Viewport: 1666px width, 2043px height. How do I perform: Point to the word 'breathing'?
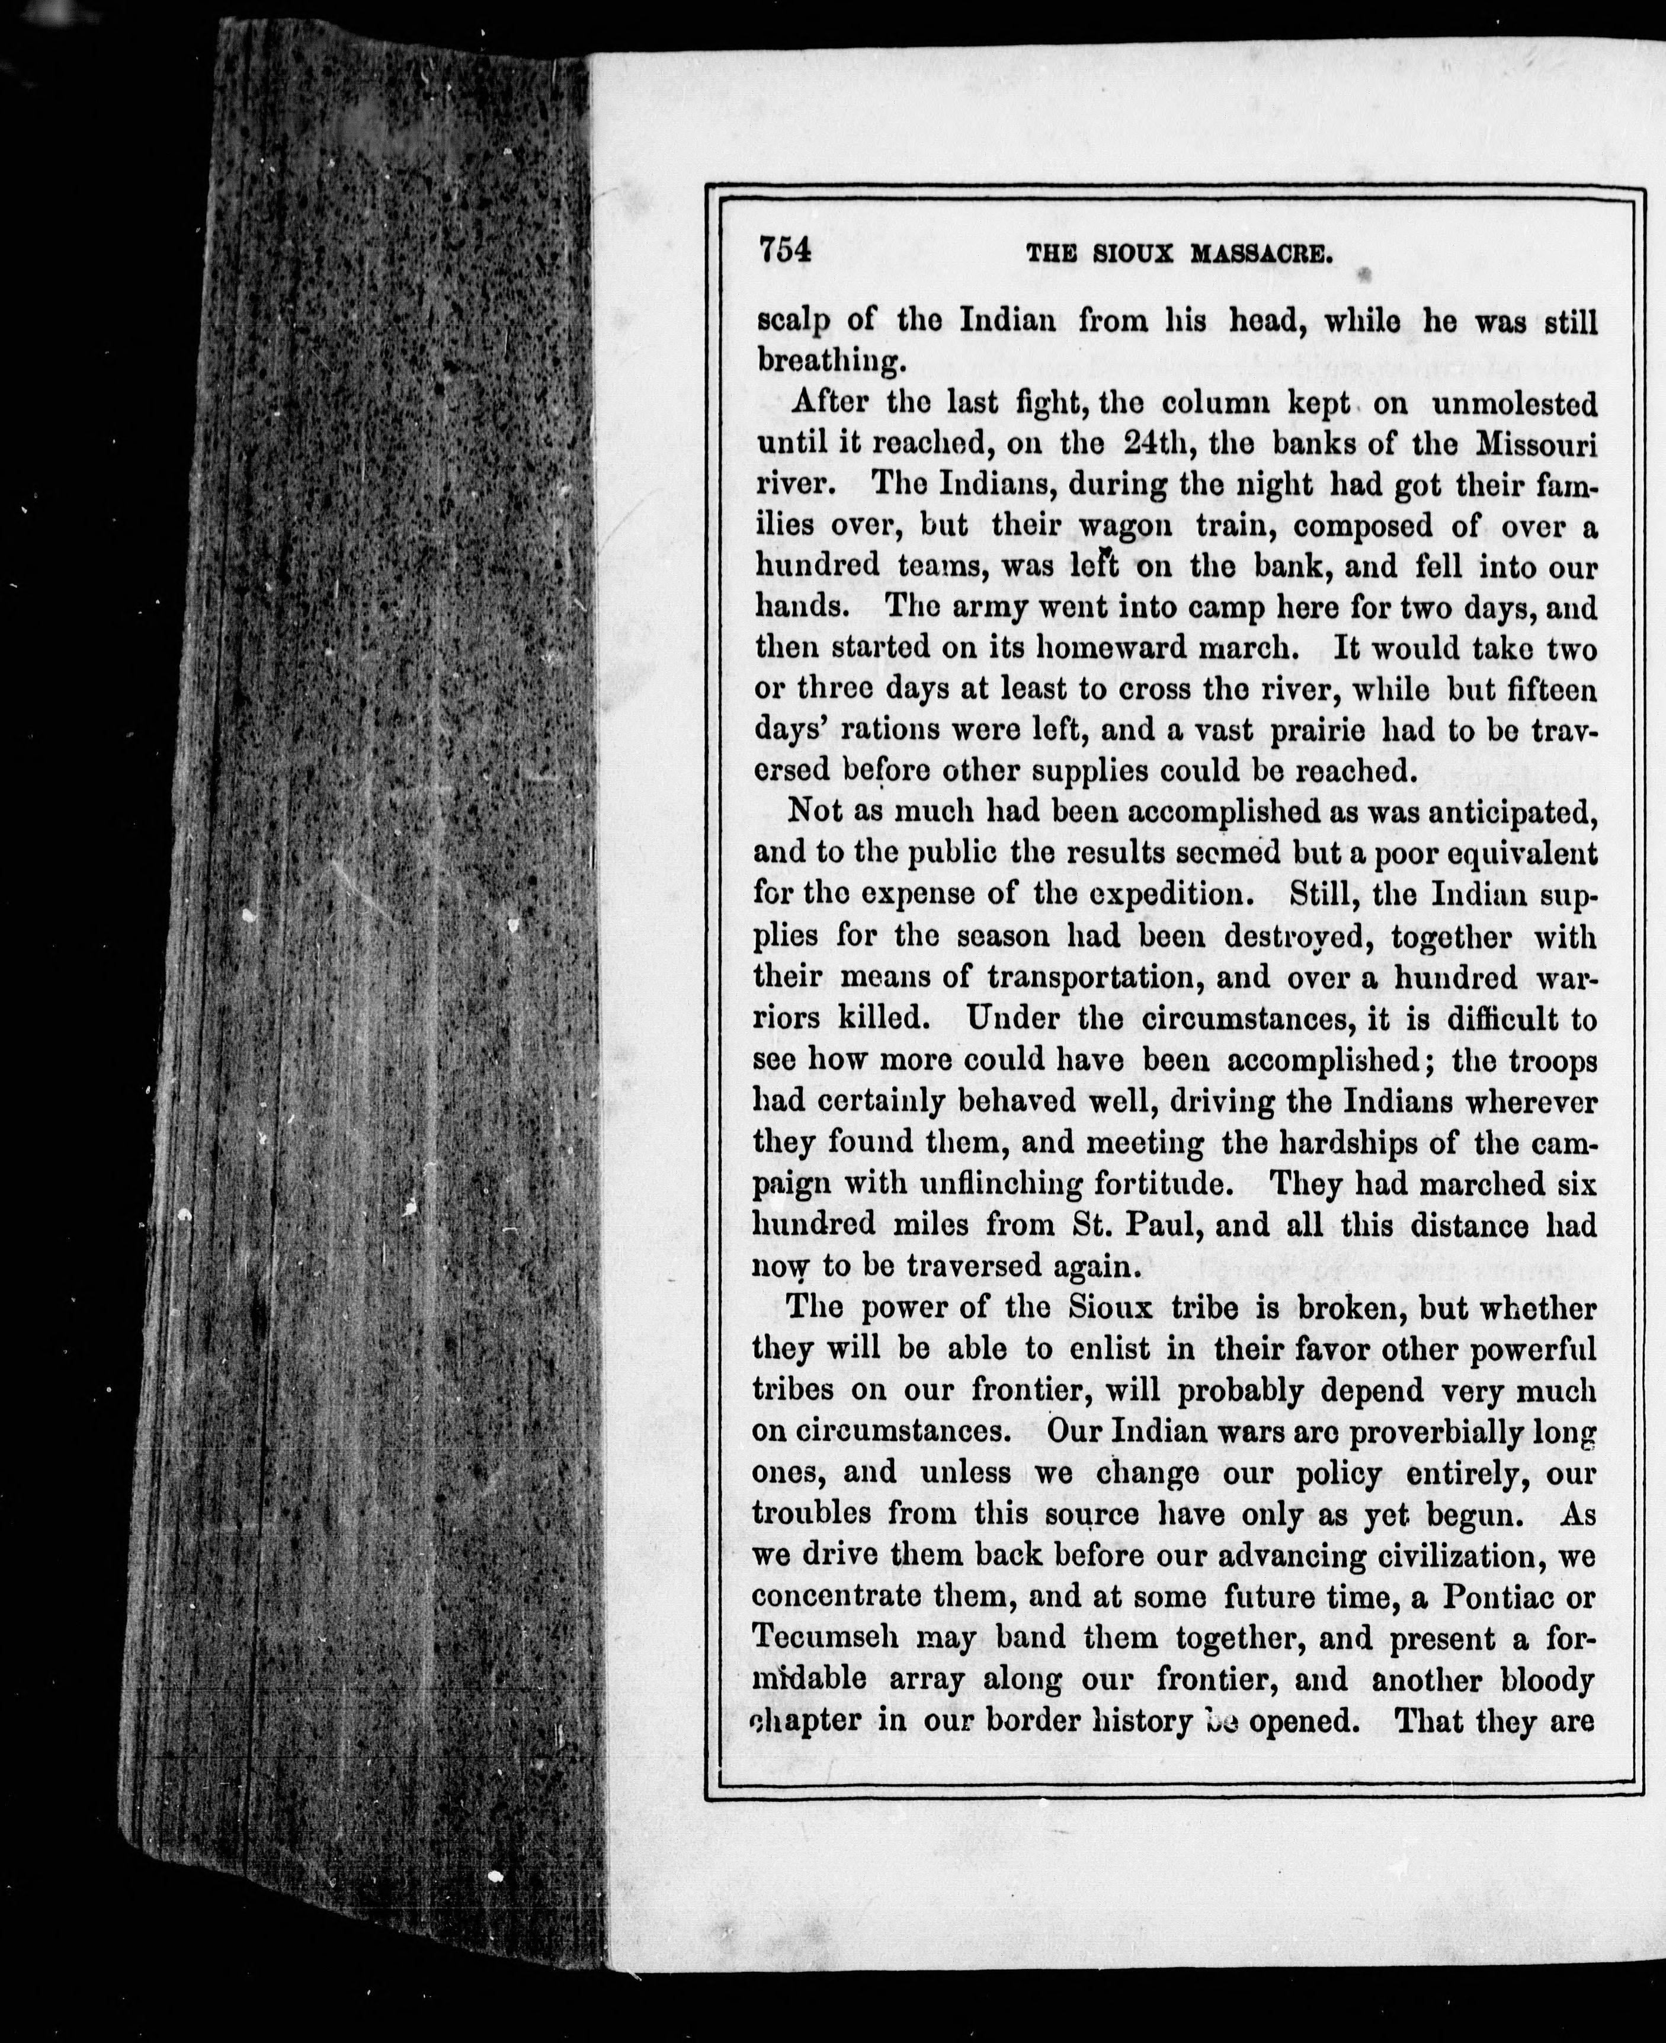[830, 362]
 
